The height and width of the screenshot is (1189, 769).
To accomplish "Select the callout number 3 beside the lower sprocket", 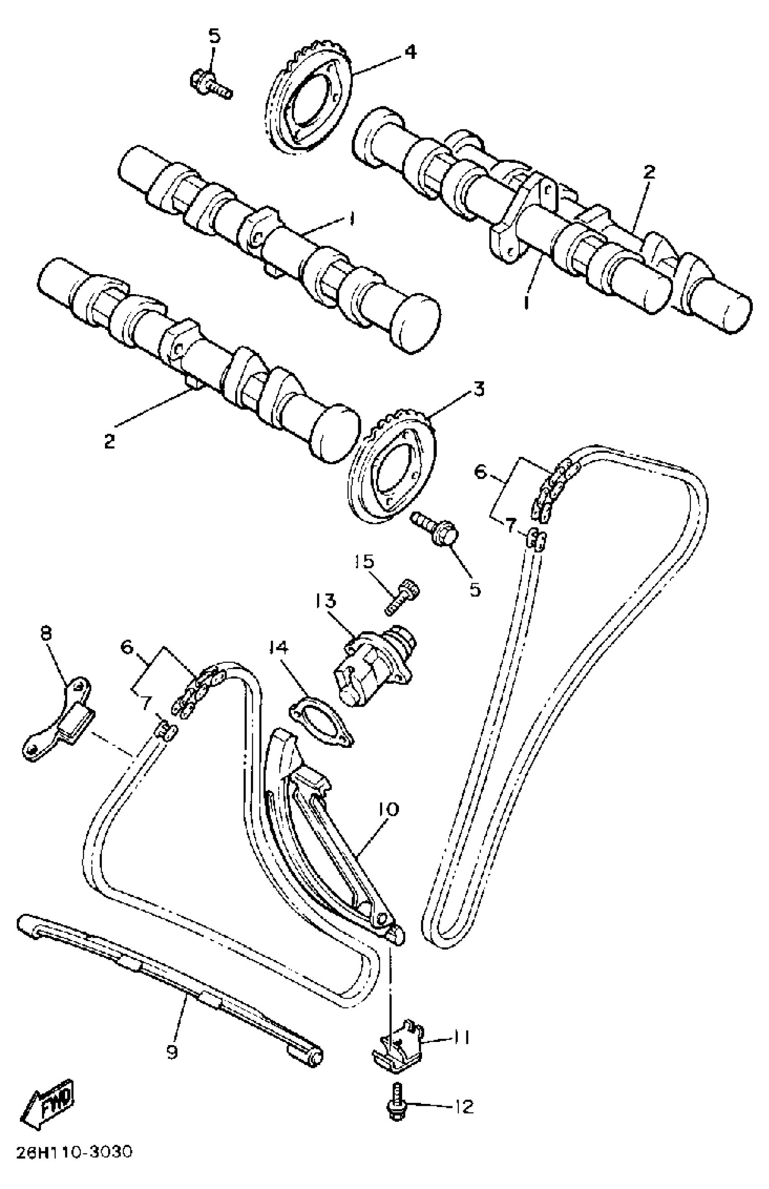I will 479,389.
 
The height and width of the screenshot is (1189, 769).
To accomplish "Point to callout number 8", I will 46,634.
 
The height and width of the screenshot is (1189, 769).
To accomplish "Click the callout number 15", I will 364,562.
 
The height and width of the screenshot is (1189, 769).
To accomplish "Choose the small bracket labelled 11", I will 399,1044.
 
